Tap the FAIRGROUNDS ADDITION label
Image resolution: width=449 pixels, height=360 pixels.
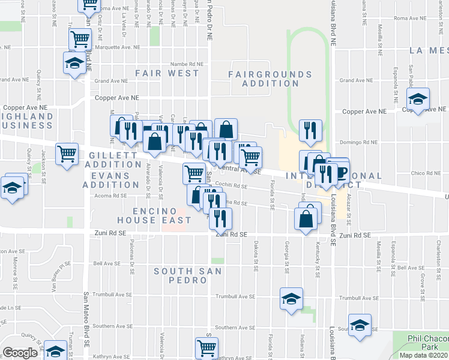[x=270, y=79]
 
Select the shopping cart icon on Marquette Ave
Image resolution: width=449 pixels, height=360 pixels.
[x=80, y=39]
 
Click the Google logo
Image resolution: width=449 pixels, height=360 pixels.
[x=20, y=353]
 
